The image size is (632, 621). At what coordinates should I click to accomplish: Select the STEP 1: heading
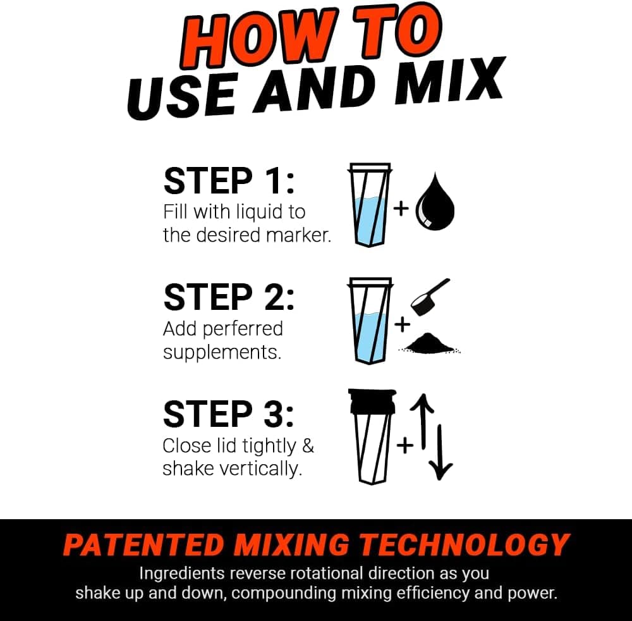click(x=228, y=181)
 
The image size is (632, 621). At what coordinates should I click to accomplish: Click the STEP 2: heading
click(x=228, y=297)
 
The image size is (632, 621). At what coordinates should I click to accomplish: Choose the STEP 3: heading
click(x=228, y=414)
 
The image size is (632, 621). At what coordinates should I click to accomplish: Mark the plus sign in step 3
click(x=404, y=445)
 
